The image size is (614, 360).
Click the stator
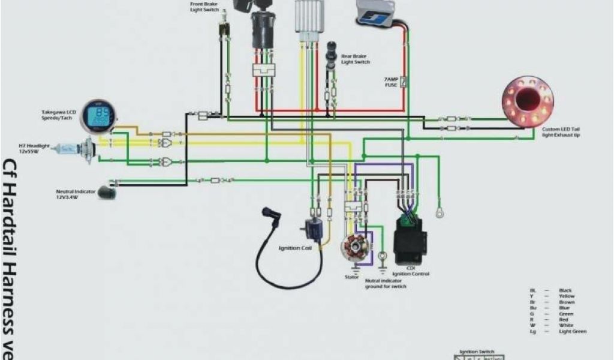click(351, 248)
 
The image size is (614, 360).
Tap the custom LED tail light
click(528, 101)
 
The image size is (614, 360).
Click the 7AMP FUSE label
click(391, 82)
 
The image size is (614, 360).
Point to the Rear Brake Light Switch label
click(355, 59)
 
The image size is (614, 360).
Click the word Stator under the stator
click(352, 277)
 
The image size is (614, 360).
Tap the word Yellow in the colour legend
click(566, 296)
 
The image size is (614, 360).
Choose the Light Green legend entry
click(572, 331)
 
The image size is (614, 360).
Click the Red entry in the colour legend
click(564, 319)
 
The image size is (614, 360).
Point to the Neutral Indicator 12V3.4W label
click(76, 194)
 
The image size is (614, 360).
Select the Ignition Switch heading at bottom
click(477, 352)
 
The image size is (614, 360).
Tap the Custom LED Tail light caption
click(561, 132)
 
